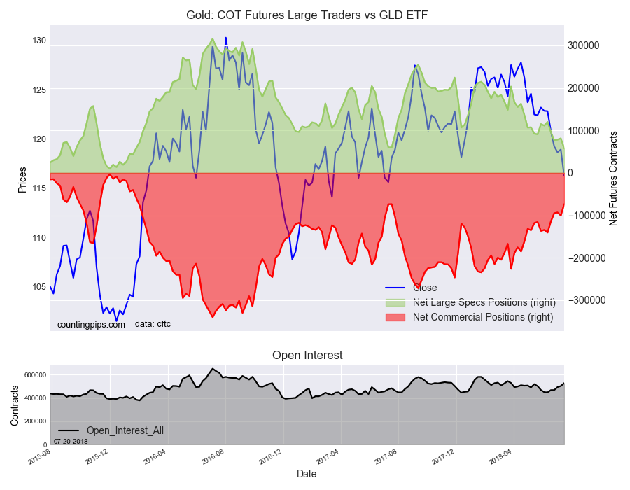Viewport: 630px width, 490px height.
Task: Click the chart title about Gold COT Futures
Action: (307, 15)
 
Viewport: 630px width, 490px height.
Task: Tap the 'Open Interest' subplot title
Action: (307, 356)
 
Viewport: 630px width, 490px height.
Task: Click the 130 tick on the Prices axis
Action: (38, 41)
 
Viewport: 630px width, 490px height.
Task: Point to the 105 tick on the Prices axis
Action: (38, 287)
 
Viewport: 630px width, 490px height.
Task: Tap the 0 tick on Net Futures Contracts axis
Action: (571, 173)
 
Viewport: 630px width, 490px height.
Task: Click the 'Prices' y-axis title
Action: (22, 179)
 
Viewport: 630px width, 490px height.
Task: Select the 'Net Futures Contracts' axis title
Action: (613, 178)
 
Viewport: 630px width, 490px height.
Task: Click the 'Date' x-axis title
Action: (307, 474)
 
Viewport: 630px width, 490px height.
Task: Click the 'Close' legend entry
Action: (425, 288)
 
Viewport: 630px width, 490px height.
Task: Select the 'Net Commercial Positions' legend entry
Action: (483, 317)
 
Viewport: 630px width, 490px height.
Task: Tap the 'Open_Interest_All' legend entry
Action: (125, 430)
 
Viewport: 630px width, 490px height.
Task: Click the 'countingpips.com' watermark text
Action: (91, 324)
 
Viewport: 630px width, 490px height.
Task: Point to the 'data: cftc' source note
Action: (153, 324)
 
